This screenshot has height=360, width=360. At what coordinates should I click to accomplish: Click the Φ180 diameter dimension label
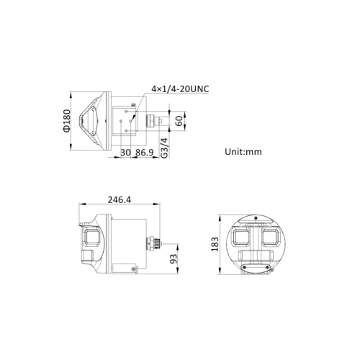point(67,121)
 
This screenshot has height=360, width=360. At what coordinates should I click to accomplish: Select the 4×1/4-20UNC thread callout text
point(180,89)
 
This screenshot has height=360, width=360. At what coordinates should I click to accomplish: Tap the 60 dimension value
point(179,121)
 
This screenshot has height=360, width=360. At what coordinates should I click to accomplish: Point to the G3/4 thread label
point(164,148)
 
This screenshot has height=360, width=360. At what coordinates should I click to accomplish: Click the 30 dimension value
point(125,153)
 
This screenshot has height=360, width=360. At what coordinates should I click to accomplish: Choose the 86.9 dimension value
point(145,153)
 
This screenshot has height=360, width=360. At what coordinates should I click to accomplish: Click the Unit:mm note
point(243,152)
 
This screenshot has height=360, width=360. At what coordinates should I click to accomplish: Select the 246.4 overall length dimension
point(120,199)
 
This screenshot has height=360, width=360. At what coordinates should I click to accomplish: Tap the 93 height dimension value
point(174,258)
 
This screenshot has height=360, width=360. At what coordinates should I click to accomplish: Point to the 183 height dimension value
point(215,244)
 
